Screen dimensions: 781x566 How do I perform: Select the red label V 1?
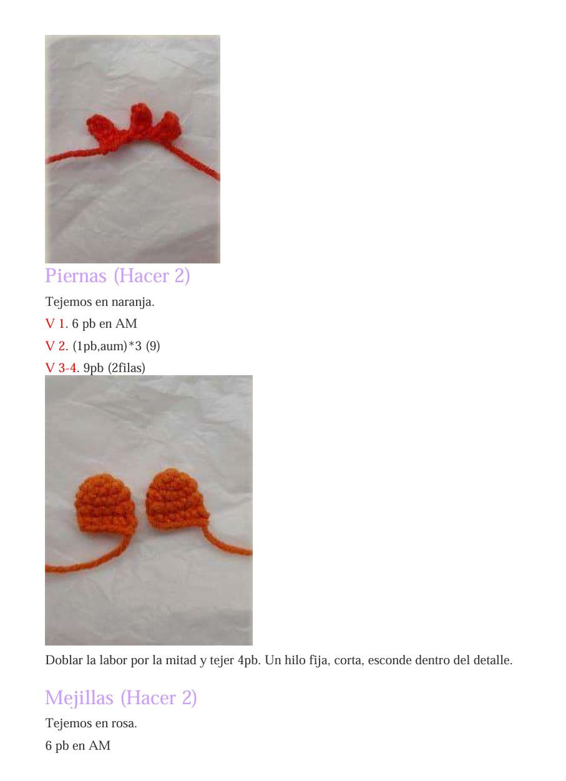point(55,324)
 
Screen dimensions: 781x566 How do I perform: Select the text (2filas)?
point(126,368)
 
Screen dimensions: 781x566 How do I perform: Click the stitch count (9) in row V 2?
point(153,346)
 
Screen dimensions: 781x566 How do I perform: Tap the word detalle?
point(490,661)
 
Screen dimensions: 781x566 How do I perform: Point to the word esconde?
point(390,661)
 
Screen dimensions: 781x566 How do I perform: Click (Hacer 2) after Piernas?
point(152,276)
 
